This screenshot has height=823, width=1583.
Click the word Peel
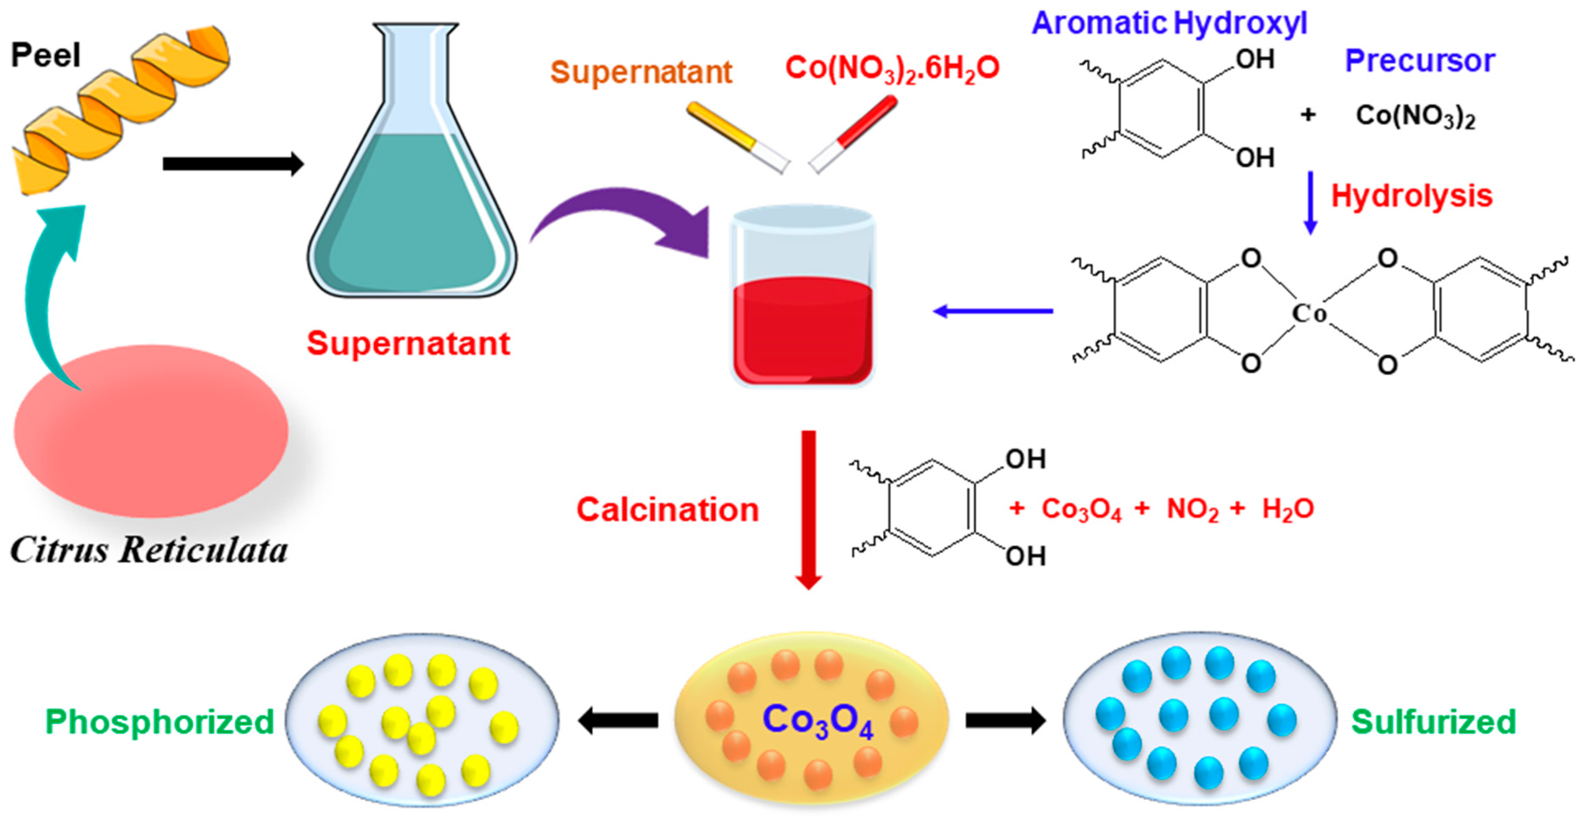45,55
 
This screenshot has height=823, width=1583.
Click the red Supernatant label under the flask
408,343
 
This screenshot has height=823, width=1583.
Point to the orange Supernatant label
641,72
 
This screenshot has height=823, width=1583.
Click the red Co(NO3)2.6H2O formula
892,68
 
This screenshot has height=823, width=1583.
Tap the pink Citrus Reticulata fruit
151,430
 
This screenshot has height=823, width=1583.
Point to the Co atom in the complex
1309,313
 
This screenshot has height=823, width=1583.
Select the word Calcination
668,510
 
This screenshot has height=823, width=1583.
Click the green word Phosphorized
160,721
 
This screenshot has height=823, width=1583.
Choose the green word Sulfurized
1434,721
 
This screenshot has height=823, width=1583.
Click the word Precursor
1420,60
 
